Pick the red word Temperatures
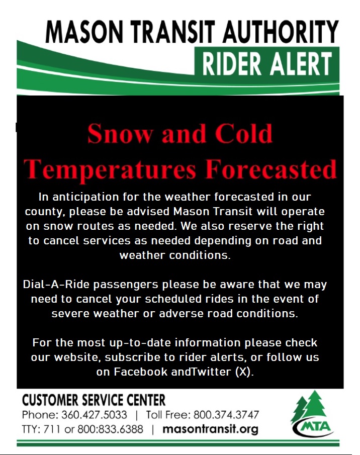[110, 170]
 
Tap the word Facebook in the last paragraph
[141, 372]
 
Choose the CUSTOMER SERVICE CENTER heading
[94, 400]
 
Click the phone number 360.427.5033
[94, 415]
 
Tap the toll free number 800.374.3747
[226, 415]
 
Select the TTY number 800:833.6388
[111, 429]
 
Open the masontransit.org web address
[210, 429]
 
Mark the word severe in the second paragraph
[70, 313]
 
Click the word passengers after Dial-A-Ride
[126, 285]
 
